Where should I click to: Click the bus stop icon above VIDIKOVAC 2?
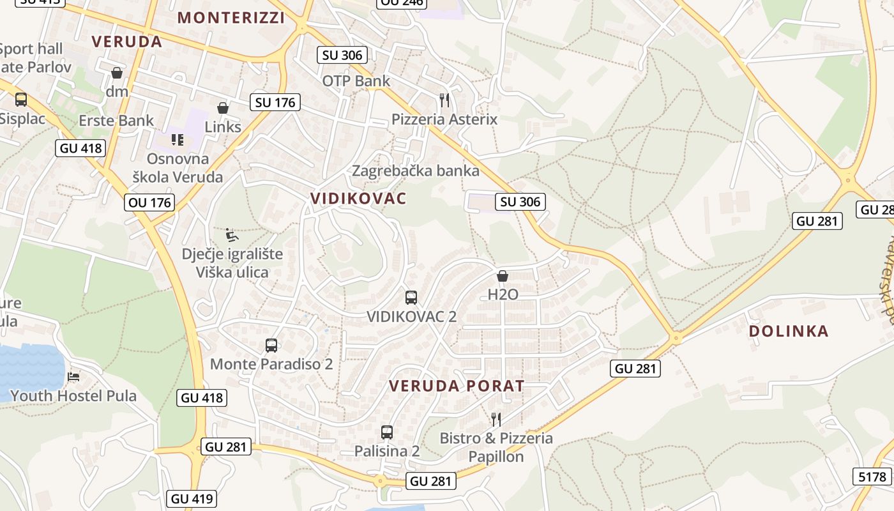tap(411, 297)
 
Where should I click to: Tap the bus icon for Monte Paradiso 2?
tap(271, 346)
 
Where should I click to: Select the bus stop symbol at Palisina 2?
tap(386, 432)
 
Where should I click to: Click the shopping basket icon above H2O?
tap(503, 276)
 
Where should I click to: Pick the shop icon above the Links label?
tap(223, 108)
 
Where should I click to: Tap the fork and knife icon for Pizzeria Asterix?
tap(444, 100)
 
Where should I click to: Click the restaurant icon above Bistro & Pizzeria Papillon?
tap(496, 419)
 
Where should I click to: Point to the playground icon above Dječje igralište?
tap(232, 235)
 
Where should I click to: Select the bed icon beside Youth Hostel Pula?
tap(74, 376)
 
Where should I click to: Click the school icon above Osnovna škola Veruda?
tap(178, 139)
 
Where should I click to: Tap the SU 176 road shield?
tap(275, 102)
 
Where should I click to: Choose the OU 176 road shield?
tap(150, 202)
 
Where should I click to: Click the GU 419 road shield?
tap(192, 498)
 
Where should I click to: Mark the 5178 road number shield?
tap(872, 477)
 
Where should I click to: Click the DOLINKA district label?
tap(789, 331)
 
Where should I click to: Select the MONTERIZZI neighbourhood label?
tap(231, 18)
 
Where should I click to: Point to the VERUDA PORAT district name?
tap(457, 386)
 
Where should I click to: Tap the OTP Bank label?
tap(356, 81)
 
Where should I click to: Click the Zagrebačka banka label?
tap(416, 171)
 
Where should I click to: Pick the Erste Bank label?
tap(116, 120)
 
